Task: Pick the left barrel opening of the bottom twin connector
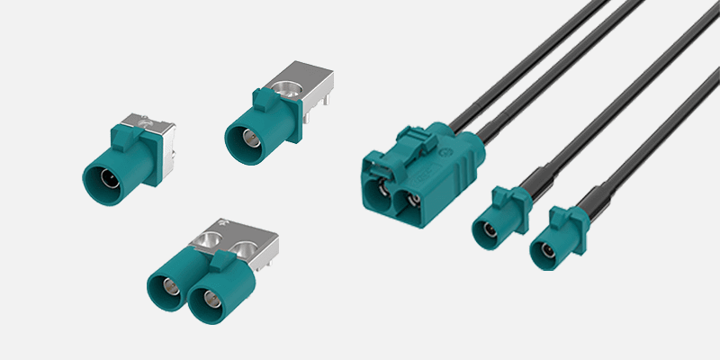(168, 291)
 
